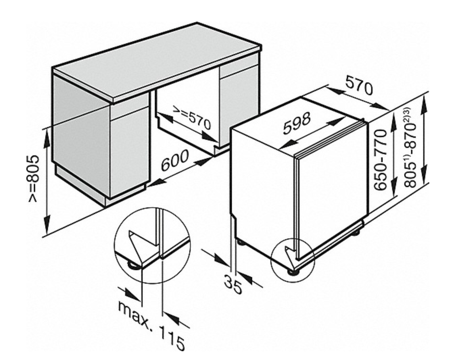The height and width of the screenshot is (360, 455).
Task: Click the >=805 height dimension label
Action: (x=34, y=179)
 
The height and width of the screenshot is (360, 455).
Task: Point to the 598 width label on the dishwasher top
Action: (x=297, y=123)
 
